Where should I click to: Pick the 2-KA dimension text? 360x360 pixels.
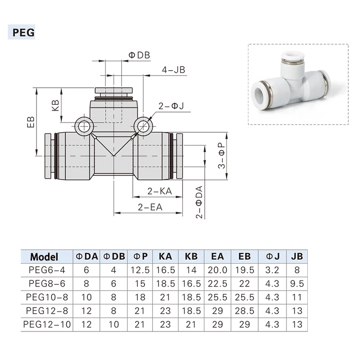click(x=160, y=191)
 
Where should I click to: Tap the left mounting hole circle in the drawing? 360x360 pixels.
click(x=83, y=126)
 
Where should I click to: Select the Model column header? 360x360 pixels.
click(x=44, y=257)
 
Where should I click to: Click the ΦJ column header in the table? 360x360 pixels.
click(x=274, y=257)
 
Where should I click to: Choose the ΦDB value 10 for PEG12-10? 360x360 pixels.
click(x=114, y=324)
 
